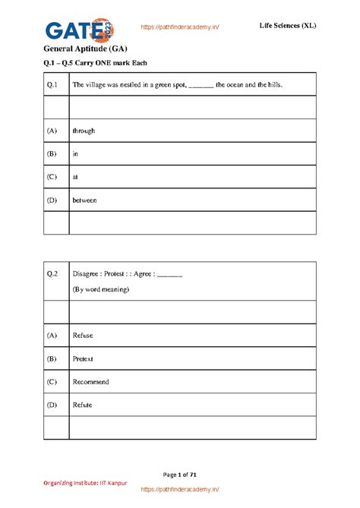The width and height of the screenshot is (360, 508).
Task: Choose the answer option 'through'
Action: coord(84,131)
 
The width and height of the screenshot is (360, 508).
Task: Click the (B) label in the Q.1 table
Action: coord(52,154)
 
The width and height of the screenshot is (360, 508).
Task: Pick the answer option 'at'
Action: coord(75,177)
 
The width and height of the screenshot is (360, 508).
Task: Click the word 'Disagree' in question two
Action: coord(86,273)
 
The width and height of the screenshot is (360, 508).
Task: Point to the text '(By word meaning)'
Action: coord(101,289)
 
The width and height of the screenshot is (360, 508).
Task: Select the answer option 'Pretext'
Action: coord(83,358)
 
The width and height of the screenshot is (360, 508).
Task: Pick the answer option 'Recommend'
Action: coord(90,382)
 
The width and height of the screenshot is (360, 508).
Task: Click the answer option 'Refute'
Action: coord(82,405)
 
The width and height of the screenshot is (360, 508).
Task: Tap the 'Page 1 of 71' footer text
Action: coord(180,475)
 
